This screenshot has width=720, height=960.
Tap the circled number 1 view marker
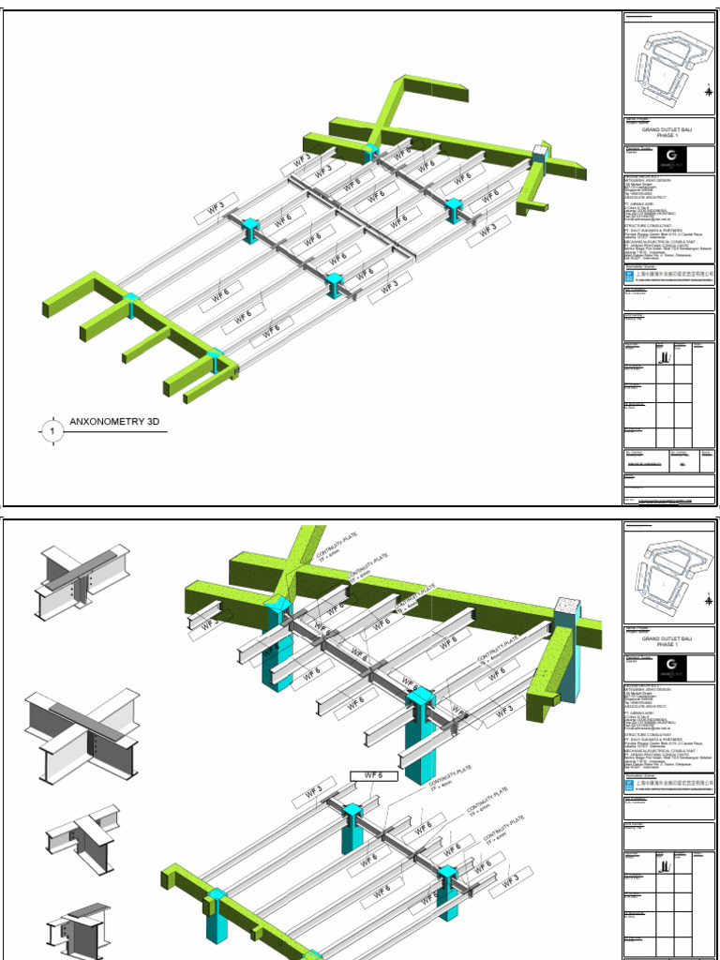(x=52, y=430)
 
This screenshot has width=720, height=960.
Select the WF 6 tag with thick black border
(x=373, y=775)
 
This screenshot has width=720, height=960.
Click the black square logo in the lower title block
(x=671, y=667)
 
